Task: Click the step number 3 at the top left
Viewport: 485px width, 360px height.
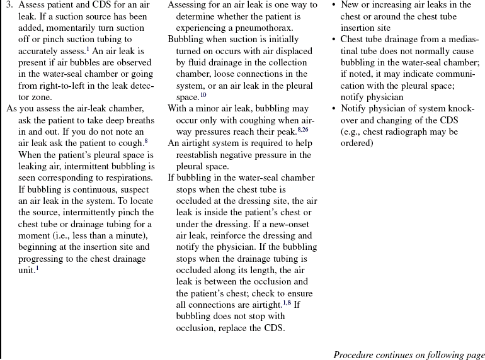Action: tap(9, 4)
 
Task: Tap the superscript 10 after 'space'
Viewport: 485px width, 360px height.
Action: tap(203, 95)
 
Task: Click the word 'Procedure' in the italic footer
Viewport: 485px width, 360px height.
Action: tap(355, 354)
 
